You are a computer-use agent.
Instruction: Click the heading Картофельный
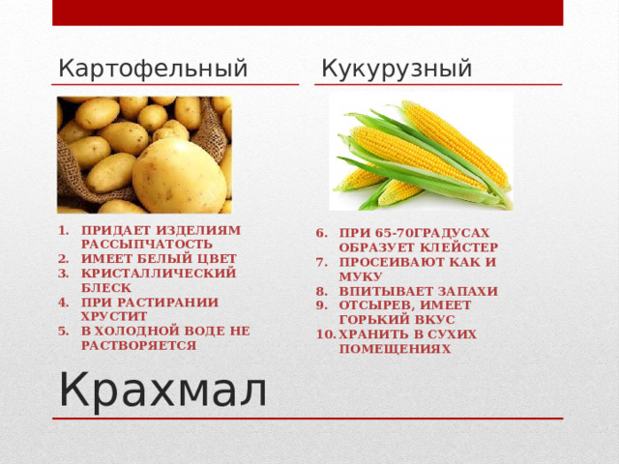[153, 69]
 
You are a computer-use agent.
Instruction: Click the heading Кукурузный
[397, 69]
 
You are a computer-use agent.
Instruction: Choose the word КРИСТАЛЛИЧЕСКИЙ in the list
[159, 274]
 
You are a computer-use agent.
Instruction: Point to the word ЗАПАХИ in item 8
[465, 291]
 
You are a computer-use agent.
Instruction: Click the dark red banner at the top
[307, 13]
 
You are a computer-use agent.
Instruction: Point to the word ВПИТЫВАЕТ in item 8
[383, 291]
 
